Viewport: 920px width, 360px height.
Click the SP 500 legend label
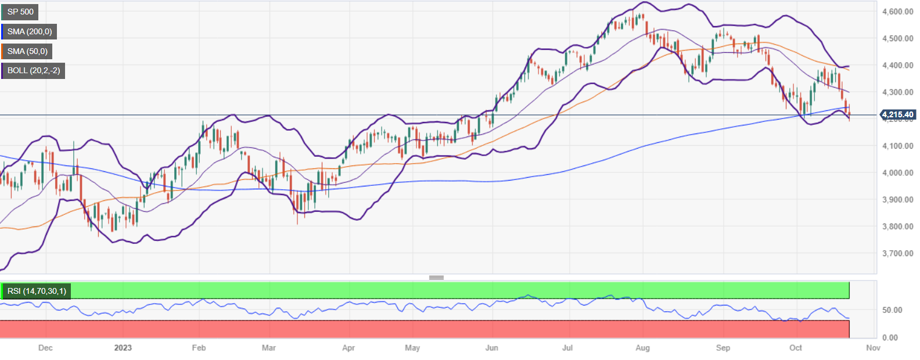coord(20,12)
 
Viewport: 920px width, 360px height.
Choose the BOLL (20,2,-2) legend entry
coord(33,71)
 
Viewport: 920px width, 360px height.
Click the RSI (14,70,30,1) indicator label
coord(36,291)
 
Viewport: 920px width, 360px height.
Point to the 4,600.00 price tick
coord(897,12)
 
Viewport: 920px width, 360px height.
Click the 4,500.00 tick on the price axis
coord(897,38)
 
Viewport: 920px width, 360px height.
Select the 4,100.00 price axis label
coord(897,146)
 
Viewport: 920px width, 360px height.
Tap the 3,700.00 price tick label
coord(897,253)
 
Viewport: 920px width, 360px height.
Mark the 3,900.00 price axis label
coord(897,199)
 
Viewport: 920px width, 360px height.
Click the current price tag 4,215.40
coord(897,114)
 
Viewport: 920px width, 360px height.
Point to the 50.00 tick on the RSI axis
coord(892,310)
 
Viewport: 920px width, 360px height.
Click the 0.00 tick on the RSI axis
coord(890,337)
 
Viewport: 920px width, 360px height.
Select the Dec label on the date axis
coord(45,348)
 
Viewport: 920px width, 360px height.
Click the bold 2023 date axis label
coord(123,348)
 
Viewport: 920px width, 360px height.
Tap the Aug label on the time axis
coord(642,348)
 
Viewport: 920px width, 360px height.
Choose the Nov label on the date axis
coord(873,348)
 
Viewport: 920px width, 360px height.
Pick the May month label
coord(412,348)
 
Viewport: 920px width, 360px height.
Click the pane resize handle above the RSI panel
coord(437,278)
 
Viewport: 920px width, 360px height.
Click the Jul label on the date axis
coord(567,348)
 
